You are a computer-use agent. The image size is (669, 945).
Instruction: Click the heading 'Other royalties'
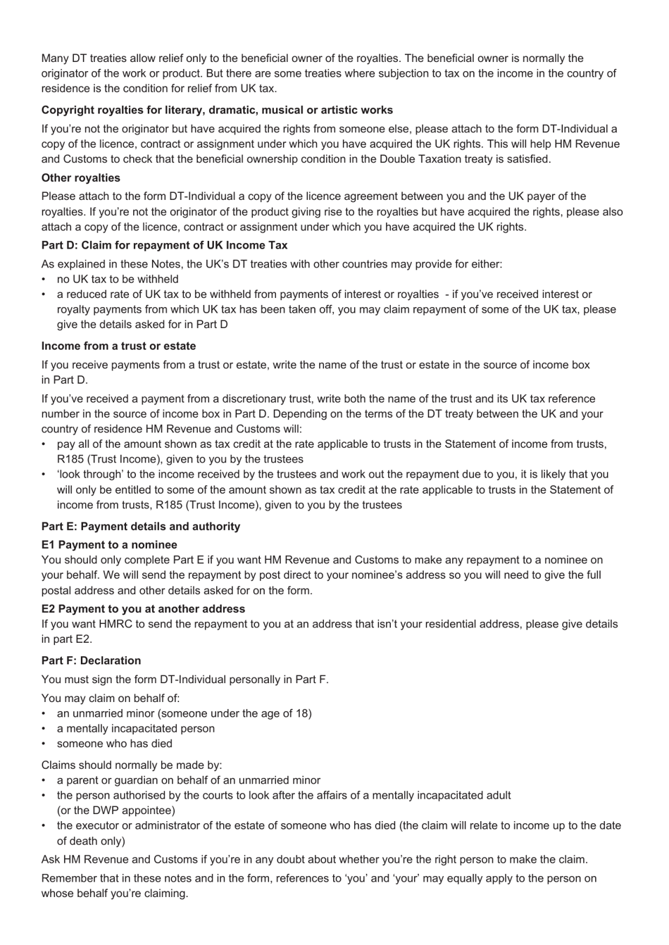click(x=80, y=178)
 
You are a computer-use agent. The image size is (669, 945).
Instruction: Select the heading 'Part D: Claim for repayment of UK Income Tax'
click(x=164, y=245)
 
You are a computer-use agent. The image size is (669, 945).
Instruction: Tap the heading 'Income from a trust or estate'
click(x=118, y=346)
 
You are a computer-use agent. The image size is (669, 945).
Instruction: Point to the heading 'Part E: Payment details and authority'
click(x=140, y=526)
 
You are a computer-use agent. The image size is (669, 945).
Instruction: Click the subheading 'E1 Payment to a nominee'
click(x=109, y=544)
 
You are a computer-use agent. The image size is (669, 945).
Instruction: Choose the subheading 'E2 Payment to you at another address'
click(x=143, y=608)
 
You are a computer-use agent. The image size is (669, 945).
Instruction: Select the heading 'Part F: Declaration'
click(x=91, y=661)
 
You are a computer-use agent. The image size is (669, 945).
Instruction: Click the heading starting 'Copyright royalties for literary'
click(x=217, y=110)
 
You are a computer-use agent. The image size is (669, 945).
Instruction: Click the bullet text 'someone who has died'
click(x=114, y=744)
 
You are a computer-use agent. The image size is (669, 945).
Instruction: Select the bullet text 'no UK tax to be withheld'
click(x=118, y=279)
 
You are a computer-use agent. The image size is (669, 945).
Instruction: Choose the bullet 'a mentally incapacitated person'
click(x=135, y=728)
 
